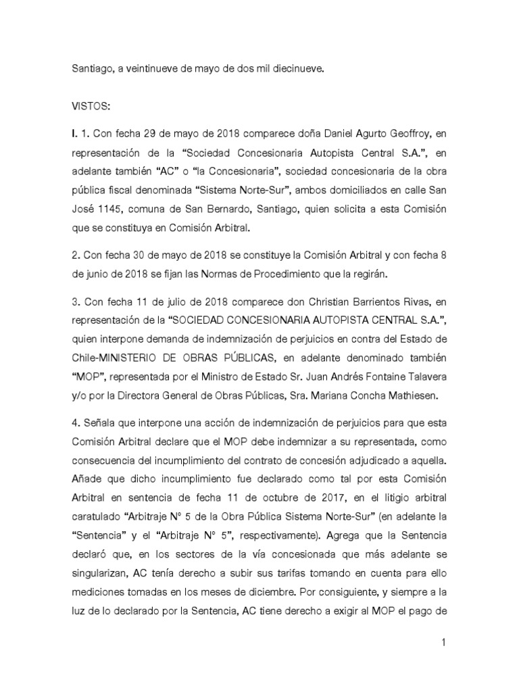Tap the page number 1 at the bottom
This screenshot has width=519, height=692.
pyautogui.click(x=443, y=643)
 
